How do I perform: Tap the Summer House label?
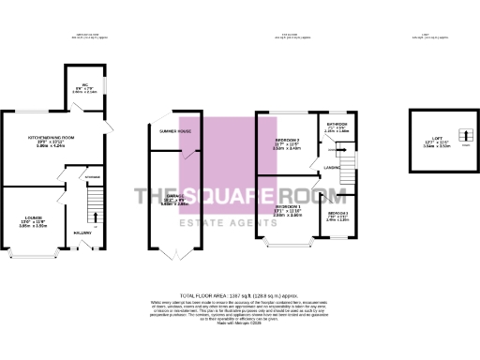[175, 131]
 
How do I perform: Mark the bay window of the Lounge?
[29, 254]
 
